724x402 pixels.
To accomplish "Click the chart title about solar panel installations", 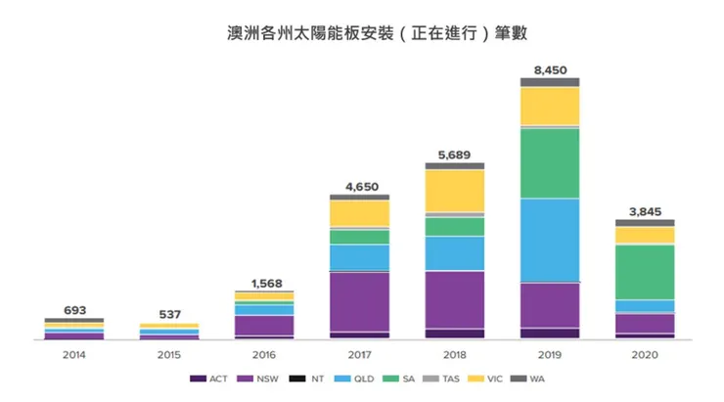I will point(361,32).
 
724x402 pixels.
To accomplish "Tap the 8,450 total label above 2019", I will point(550,69).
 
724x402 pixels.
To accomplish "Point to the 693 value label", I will point(74,309).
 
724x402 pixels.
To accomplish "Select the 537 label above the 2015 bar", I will point(169,315).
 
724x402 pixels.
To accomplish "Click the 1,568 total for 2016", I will point(264,283).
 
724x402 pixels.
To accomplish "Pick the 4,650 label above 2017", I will point(359,186).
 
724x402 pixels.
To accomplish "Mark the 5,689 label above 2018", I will point(454,155).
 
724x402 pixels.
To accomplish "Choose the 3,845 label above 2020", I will point(645,211).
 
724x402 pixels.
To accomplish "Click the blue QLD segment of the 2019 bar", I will point(550,240).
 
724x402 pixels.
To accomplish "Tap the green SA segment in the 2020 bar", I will point(645,271).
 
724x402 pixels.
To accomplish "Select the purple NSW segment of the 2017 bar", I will point(359,301).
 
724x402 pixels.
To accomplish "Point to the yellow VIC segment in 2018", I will point(454,190).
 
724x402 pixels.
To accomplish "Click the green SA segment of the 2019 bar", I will point(550,162).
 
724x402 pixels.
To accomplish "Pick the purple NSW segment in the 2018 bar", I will point(454,298).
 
